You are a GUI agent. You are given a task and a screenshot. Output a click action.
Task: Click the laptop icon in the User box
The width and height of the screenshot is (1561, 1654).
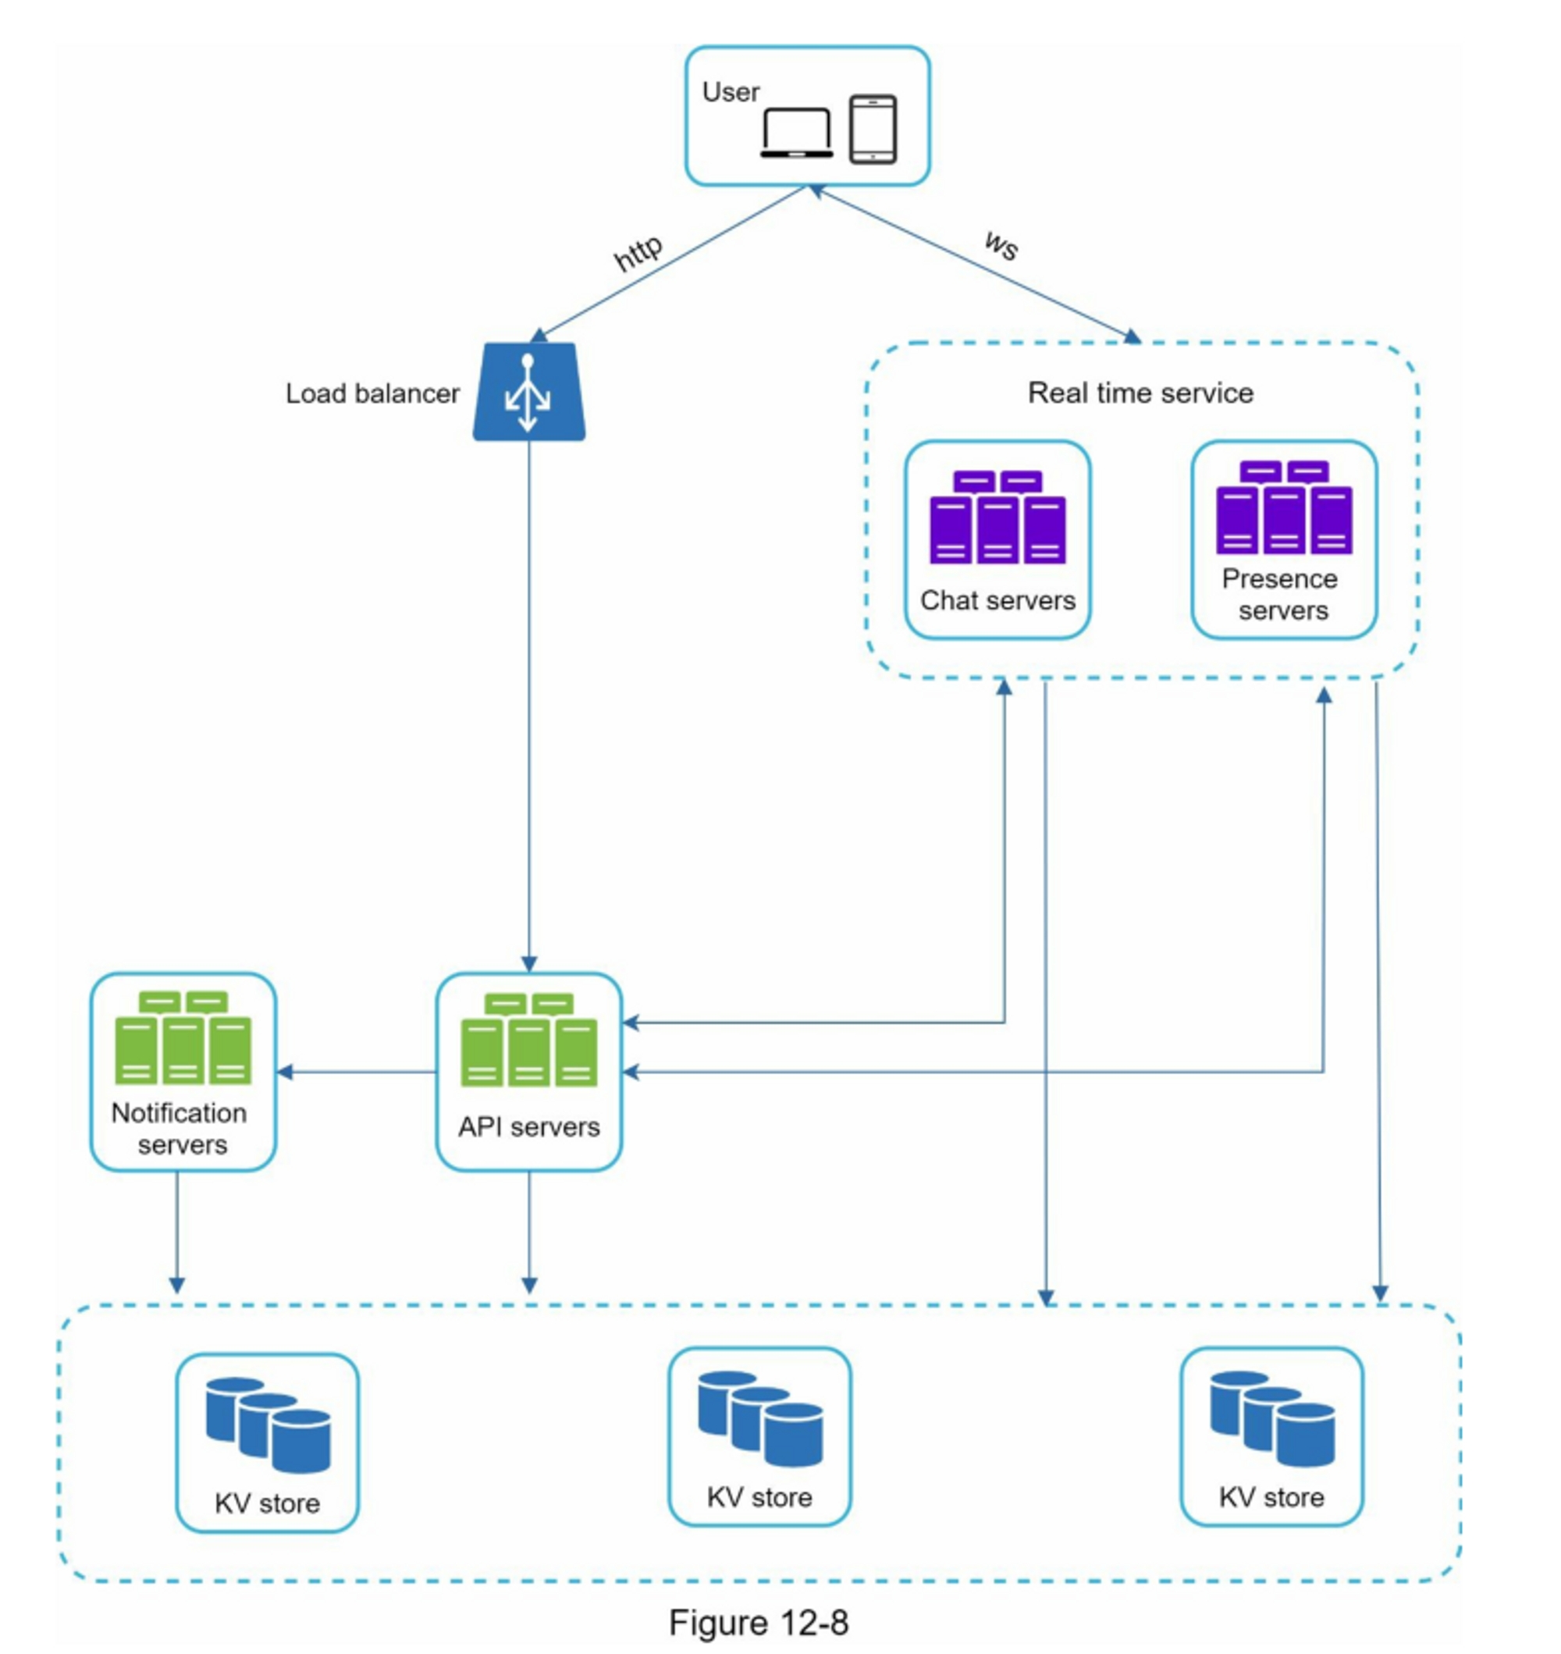tap(796, 133)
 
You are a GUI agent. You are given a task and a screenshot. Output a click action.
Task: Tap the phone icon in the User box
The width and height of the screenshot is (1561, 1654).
tap(873, 129)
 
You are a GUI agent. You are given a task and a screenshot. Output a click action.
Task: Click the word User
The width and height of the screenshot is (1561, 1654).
tap(731, 91)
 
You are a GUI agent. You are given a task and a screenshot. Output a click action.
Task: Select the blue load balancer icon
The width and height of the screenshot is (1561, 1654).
tap(528, 392)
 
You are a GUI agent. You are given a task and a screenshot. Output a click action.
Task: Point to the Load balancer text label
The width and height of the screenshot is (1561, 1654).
tap(372, 393)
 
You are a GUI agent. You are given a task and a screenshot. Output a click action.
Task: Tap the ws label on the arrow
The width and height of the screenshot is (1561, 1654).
tap(1001, 244)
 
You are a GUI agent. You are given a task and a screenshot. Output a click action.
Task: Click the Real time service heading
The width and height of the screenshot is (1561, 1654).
tap(1140, 393)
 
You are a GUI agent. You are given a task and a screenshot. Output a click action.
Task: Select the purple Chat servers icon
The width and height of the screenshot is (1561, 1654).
tap(997, 518)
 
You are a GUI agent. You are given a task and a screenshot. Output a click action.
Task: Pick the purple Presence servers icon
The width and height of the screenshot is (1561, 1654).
tap(1284, 507)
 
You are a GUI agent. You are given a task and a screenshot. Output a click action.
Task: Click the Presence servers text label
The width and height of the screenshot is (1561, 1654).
tap(1282, 595)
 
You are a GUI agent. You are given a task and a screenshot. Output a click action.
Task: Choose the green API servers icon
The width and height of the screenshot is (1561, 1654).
tap(528, 1040)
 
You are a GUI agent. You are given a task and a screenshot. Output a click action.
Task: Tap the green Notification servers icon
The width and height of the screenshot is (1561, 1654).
tap(182, 1037)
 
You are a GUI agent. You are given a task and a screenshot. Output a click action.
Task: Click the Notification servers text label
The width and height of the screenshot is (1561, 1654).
tap(180, 1128)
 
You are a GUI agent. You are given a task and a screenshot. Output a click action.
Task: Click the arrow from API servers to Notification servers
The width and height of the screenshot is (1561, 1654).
tap(357, 1072)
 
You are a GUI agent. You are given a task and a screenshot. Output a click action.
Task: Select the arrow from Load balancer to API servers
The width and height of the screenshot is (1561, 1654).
tap(529, 707)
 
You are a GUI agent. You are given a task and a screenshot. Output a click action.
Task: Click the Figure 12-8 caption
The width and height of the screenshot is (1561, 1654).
tap(758, 1622)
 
